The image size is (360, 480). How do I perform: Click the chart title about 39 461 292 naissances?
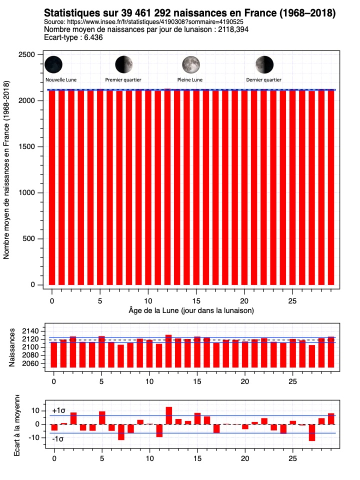[x=189, y=12]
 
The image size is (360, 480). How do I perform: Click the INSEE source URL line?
[x=144, y=22]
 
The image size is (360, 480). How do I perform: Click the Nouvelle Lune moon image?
[x=53, y=64]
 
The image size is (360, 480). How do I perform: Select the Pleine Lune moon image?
[x=190, y=64]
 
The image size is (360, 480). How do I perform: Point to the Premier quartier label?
[x=123, y=79]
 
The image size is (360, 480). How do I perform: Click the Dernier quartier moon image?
[x=264, y=64]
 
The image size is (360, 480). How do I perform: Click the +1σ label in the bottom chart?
[x=58, y=411]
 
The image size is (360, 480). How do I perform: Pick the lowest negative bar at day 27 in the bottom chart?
[x=312, y=432]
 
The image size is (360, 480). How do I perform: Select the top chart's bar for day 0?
[x=52, y=187]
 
